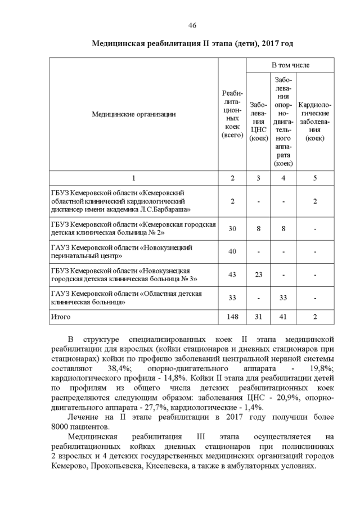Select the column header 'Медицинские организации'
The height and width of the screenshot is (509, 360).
(x=133, y=114)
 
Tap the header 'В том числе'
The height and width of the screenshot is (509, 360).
(x=290, y=65)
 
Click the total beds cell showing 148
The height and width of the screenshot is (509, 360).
(x=232, y=317)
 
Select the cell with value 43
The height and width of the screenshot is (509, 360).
(x=232, y=274)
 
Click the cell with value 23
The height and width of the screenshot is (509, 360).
(x=258, y=274)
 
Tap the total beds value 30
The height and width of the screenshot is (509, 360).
(x=232, y=228)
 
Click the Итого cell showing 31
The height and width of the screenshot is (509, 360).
(x=258, y=317)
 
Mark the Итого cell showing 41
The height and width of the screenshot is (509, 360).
(x=284, y=317)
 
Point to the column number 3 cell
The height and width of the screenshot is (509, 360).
(x=258, y=178)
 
